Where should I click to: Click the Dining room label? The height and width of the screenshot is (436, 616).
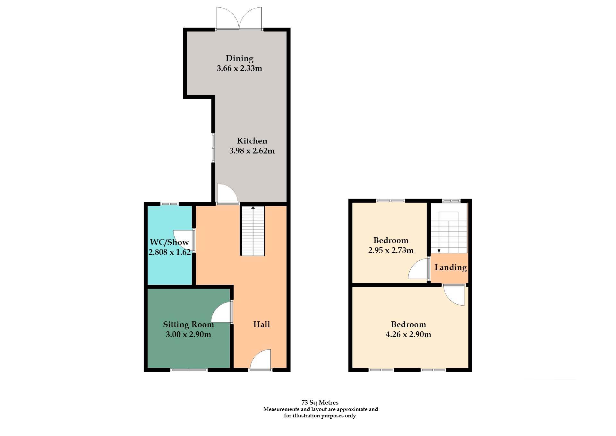click(239, 58)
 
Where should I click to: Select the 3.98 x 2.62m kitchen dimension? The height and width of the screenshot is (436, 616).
click(252, 151)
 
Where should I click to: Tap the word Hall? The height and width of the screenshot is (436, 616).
click(261, 325)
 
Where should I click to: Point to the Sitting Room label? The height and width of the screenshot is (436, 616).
click(188, 325)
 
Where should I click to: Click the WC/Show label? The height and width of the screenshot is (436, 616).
click(169, 242)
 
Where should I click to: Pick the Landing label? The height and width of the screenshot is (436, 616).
click(450, 267)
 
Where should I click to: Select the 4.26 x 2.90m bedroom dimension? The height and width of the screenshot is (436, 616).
click(408, 335)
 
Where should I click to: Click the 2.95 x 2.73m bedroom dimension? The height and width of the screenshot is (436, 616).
click(391, 250)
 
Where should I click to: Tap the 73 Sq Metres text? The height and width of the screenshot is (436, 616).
click(320, 402)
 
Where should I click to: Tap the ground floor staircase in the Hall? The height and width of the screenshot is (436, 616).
click(253, 231)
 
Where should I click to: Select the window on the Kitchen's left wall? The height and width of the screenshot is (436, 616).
click(213, 148)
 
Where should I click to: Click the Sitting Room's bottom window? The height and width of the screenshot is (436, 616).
click(189, 370)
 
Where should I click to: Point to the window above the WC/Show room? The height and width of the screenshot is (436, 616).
click(169, 204)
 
